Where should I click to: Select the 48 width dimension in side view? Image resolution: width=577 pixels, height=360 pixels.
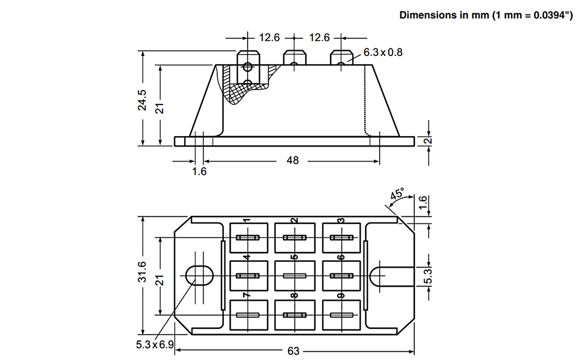[293, 160]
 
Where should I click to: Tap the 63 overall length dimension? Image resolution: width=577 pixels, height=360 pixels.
[293, 351]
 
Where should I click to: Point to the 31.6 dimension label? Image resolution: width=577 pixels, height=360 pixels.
[143, 273]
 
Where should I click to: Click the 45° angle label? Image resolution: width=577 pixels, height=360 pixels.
[397, 194]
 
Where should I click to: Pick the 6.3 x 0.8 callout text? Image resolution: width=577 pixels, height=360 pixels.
[383, 52]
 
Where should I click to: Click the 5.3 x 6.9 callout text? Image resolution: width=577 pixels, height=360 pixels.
[155, 345]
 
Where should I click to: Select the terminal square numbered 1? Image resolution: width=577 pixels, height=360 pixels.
[249, 238]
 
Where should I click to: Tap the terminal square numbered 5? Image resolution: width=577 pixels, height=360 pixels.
[295, 276]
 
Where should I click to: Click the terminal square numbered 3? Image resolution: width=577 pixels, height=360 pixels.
[342, 238]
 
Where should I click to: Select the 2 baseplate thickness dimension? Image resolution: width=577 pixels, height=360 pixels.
[428, 141]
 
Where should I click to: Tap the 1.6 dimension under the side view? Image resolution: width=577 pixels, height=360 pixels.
[199, 171]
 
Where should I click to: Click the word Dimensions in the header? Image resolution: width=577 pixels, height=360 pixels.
[428, 15]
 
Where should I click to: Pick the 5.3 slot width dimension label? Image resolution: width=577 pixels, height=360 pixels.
[428, 276]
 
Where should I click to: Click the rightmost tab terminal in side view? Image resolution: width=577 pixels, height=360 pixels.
[341, 58]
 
